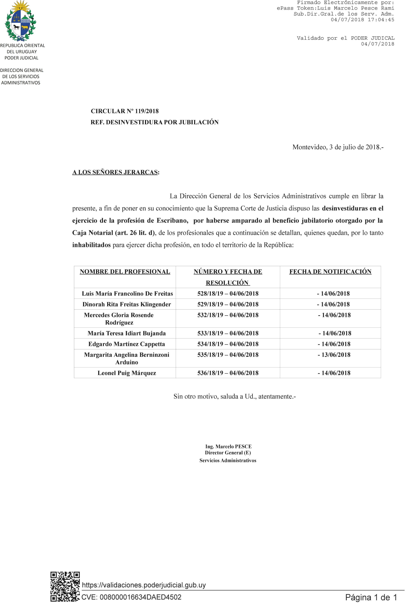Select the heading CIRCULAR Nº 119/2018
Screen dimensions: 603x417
pos(125,111)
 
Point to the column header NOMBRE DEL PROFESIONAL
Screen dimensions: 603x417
pos(125,272)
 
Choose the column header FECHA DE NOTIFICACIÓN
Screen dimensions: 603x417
pos(330,272)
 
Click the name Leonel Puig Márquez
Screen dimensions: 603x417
pos(127,373)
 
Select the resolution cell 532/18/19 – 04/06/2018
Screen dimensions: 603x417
pos(228,315)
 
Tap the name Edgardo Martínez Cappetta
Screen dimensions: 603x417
pos(127,344)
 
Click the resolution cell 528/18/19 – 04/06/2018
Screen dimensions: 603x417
pos(228,293)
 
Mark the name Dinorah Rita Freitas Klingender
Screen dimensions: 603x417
pos(127,305)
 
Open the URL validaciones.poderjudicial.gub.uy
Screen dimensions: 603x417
pos(144,585)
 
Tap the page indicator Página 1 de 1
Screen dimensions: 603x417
pos(371,597)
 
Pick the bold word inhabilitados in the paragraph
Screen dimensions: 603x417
pos(91,245)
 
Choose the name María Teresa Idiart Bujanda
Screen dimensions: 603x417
pos(127,333)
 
